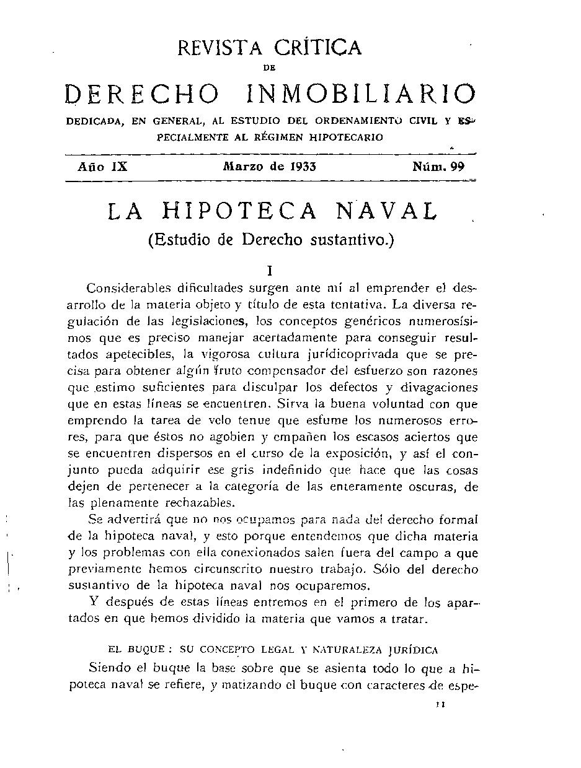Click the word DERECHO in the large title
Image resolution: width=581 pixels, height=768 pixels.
(142, 94)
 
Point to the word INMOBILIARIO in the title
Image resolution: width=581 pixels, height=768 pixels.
(361, 94)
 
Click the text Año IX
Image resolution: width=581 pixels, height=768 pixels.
(102, 167)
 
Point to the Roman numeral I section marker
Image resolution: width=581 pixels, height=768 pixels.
(269, 271)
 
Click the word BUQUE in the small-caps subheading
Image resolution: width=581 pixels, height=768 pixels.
(146, 650)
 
